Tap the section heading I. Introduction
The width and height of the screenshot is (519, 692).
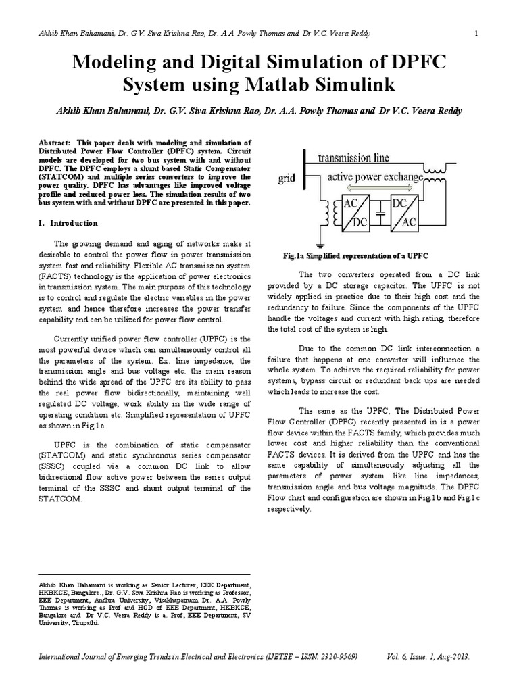coord(68,223)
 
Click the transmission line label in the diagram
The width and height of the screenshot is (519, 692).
coord(353,158)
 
